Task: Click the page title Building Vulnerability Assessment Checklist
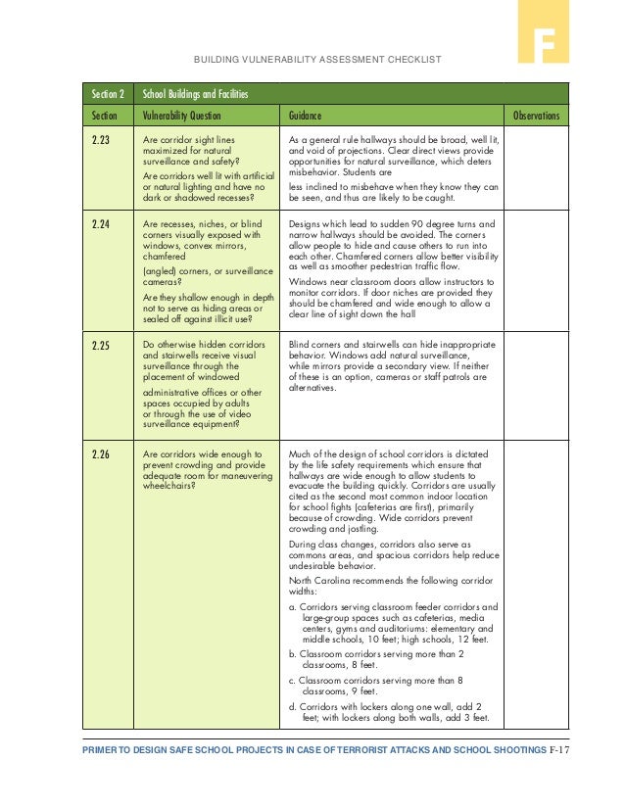318,60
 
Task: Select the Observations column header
536,115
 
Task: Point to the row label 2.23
100,140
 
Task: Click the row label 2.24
100,224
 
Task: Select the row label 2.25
100,346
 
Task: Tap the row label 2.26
100,454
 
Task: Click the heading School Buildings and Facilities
195,94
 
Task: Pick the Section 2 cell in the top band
108,94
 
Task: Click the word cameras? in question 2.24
164,279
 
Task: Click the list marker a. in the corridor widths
293,606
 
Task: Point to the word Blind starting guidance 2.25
300,345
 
